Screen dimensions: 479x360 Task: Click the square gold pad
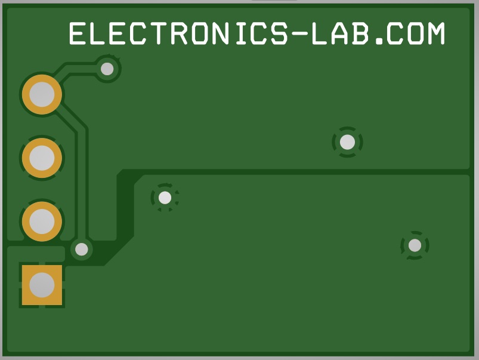click(x=42, y=285)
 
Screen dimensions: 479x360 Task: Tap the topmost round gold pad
click(x=42, y=94)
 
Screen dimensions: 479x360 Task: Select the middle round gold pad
click(x=42, y=158)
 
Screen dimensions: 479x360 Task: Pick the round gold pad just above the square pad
click(x=42, y=221)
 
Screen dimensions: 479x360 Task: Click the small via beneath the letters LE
click(x=107, y=69)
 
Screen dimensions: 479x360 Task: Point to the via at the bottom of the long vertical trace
click(x=82, y=250)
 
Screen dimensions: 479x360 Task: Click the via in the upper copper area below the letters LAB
click(x=347, y=142)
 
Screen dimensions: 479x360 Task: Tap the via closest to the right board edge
click(x=415, y=245)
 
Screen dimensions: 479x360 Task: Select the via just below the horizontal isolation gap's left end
click(x=165, y=198)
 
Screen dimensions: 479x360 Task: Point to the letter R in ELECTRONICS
click(x=180, y=33)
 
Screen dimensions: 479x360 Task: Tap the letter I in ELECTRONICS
click(x=241, y=33)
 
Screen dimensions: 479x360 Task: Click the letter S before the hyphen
click(x=279, y=33)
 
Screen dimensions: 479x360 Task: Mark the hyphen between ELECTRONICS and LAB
click(x=299, y=34)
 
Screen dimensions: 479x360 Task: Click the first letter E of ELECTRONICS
click(x=78, y=33)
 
